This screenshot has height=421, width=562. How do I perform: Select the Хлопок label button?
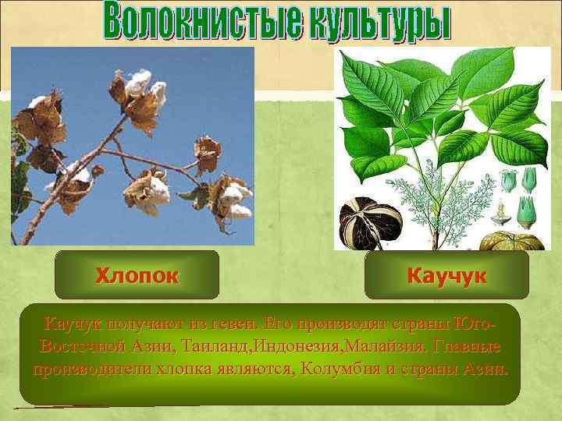click(137, 275)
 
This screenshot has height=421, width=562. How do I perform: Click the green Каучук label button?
click(446, 275)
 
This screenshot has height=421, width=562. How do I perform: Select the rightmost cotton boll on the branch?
click(233, 198)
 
